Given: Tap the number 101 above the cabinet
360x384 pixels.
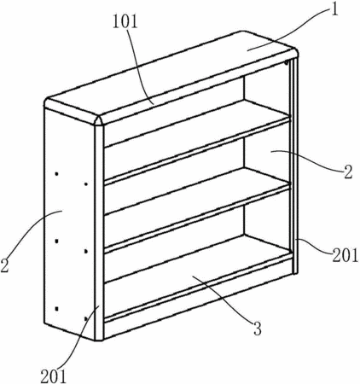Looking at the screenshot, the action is (x=125, y=21).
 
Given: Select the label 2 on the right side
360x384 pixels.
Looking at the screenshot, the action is (x=348, y=171).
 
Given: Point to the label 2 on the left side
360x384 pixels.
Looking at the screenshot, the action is (x=5, y=265).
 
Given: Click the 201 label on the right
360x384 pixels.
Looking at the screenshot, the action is (x=345, y=255).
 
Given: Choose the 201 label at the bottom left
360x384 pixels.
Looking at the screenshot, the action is (x=54, y=376).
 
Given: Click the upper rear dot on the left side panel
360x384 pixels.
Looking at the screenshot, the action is (x=57, y=173).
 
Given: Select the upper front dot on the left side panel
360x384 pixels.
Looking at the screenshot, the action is (x=86, y=184).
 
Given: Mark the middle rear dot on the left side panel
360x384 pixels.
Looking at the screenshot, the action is (x=57, y=241).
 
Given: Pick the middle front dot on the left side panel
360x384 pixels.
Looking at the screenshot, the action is (x=86, y=251).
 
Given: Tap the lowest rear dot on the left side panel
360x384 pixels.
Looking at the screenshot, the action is (x=57, y=308).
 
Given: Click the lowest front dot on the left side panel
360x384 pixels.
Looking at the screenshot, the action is (x=86, y=318).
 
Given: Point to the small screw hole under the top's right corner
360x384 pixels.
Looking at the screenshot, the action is (x=287, y=61).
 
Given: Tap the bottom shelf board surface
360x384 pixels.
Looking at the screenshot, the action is (x=196, y=258).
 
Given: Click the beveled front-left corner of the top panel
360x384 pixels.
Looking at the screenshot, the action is (x=100, y=119).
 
